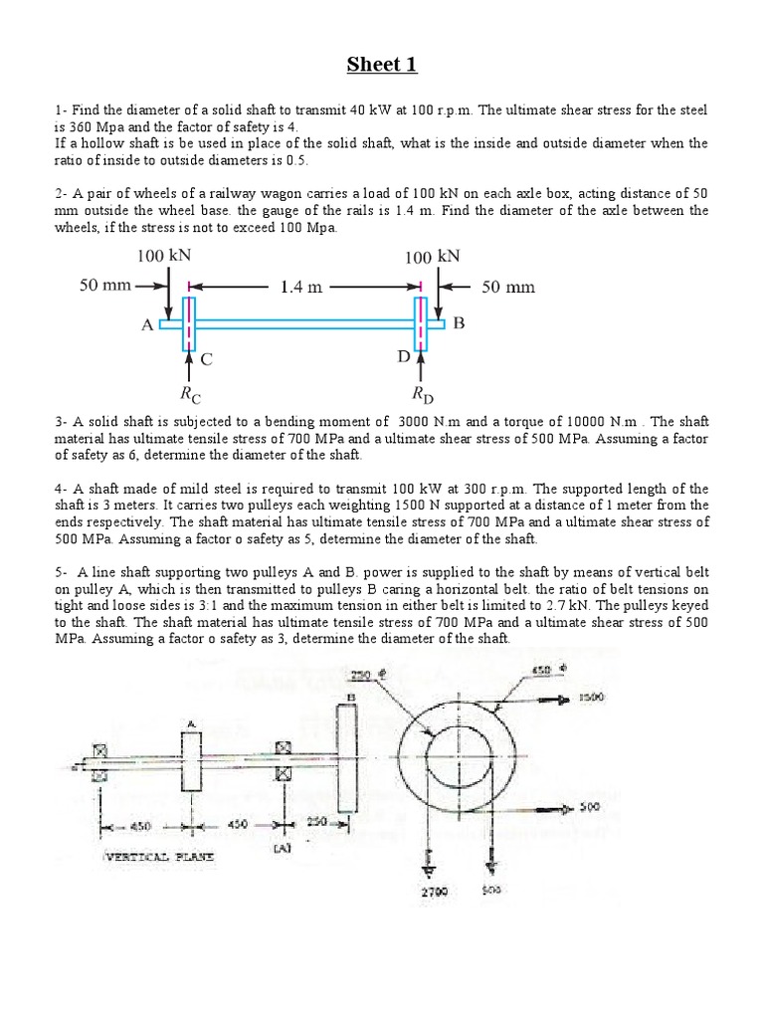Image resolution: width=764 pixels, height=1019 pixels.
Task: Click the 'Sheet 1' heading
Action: tap(382, 66)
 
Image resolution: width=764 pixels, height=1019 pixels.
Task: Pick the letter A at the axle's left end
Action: tap(147, 325)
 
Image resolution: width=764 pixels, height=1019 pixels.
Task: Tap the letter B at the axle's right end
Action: tap(459, 323)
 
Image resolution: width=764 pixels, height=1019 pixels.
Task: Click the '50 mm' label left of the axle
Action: tap(105, 287)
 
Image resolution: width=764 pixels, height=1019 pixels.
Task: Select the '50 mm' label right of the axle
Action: tap(508, 287)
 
